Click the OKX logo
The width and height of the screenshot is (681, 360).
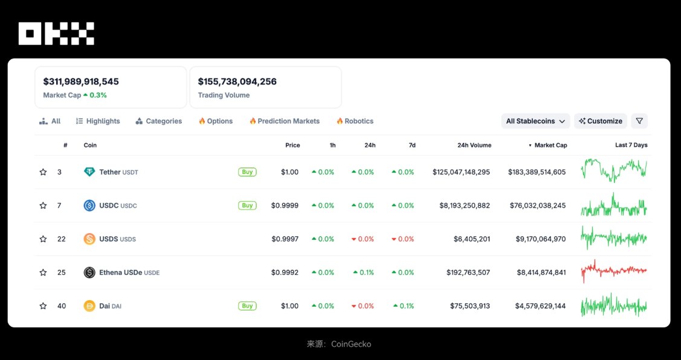[56, 33]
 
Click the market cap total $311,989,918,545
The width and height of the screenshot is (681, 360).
[81, 82]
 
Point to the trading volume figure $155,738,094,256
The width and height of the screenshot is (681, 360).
[237, 82]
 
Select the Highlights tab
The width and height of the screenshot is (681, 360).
[98, 121]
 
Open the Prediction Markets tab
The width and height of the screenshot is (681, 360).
[285, 121]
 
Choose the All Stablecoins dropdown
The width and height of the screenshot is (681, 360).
[535, 121]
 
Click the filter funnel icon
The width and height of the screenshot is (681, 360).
[639, 121]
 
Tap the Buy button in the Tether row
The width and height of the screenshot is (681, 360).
[247, 172]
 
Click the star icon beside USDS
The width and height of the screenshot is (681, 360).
[43, 239]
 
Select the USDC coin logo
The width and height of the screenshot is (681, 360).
[89, 205]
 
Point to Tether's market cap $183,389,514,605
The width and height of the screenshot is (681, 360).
[537, 172]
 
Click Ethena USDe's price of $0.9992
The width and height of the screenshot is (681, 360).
[285, 272]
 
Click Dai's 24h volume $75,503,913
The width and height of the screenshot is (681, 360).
[470, 306]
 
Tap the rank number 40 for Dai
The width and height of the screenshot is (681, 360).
[62, 306]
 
